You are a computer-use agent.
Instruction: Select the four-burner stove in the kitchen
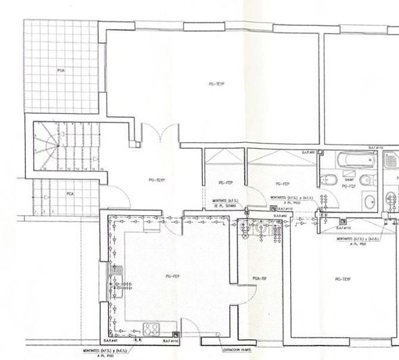point(150,330)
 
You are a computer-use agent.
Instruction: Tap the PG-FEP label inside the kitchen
point(172,276)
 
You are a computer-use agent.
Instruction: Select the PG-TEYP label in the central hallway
point(156,180)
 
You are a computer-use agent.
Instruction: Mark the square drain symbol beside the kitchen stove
point(176,334)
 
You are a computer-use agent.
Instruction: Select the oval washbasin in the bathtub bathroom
point(369,202)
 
